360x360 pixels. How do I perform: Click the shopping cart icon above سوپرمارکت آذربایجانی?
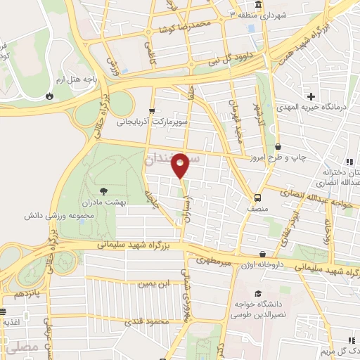153,111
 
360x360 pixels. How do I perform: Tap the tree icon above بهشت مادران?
104,191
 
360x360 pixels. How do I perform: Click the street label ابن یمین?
155,284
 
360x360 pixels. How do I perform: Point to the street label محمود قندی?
148,322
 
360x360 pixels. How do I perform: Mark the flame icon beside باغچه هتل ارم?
49,96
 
